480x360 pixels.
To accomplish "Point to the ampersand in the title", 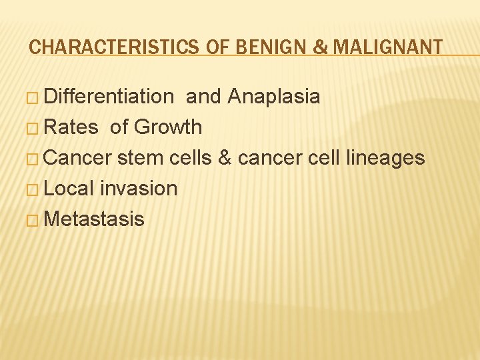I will tap(301, 47).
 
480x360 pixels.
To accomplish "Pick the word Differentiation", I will tap(108, 97).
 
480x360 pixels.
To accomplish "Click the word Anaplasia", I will tap(273, 97).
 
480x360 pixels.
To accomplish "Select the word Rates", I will tap(71, 127).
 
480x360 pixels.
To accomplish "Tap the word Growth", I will tap(168, 127).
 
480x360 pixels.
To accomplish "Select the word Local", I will tap(69, 189).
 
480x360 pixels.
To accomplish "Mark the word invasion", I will tap(139, 189).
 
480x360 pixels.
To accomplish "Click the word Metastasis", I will tap(94, 219).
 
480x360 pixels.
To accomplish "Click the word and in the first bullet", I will tap(204, 97).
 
